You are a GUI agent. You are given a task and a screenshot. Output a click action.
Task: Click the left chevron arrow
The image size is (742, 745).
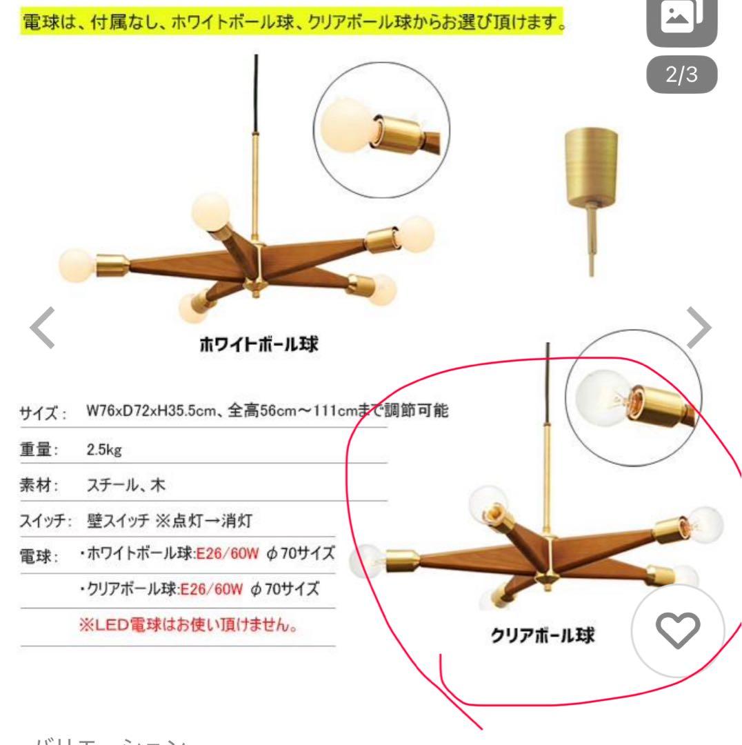41,330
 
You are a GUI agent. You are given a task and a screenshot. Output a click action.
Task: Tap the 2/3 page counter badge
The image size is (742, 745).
681,75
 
